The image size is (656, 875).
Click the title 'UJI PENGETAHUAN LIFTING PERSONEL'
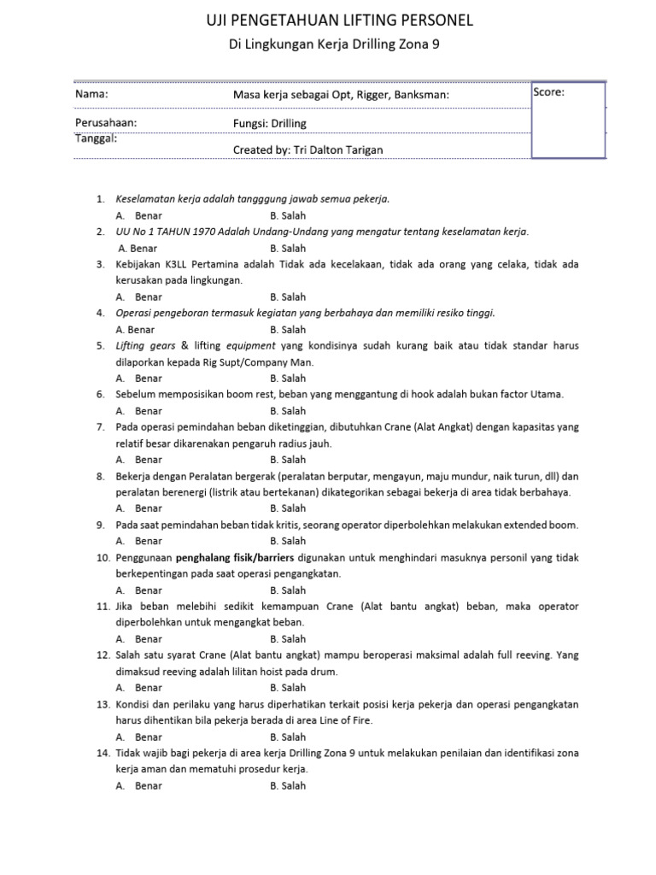click(328, 20)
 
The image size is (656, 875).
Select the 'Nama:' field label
click(91, 93)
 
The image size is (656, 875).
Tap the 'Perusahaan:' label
click(106, 123)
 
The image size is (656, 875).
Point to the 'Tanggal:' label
click(97, 138)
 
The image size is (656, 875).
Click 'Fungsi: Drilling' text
click(270, 123)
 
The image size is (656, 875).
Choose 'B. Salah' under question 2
click(288, 248)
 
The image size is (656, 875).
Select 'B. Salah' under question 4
click(288, 329)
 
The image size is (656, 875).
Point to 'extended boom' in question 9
click(546, 524)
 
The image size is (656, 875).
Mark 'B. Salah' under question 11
click(288, 638)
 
